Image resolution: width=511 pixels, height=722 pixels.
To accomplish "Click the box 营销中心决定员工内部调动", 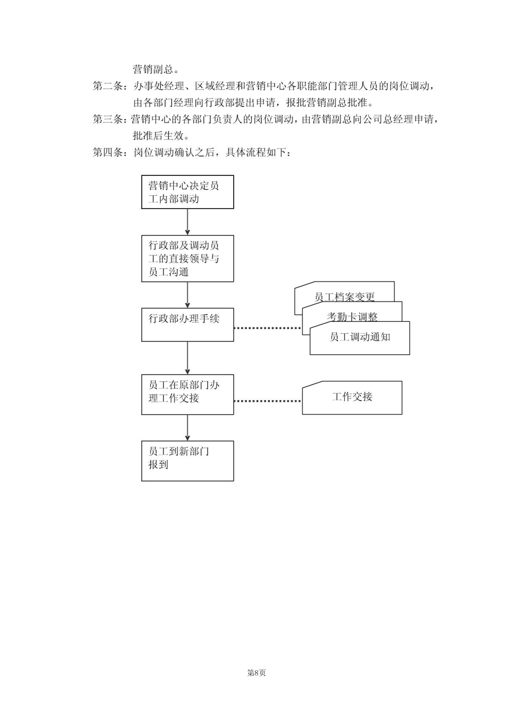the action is point(188,192).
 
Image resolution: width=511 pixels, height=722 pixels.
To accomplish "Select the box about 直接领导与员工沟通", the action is point(188,258).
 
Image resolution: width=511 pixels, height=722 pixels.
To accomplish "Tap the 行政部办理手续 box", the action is point(188,325).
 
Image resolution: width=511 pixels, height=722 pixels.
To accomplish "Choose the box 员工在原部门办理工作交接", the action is point(188,394).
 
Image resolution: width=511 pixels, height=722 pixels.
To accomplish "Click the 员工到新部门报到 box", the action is point(188,461).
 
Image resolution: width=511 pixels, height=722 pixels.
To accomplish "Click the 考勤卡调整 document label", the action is point(352,317).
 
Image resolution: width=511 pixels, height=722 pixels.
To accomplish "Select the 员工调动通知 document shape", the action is point(360,338).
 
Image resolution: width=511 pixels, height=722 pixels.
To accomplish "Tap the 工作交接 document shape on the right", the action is point(352,398).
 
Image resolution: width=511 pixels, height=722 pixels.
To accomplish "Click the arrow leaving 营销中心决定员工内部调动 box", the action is point(188,222).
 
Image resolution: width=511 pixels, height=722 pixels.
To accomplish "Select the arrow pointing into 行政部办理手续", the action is point(188,295).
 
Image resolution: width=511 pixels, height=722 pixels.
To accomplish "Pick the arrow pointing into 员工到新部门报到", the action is point(188,428).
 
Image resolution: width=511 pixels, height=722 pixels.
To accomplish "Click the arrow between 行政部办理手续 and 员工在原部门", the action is point(188,358).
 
